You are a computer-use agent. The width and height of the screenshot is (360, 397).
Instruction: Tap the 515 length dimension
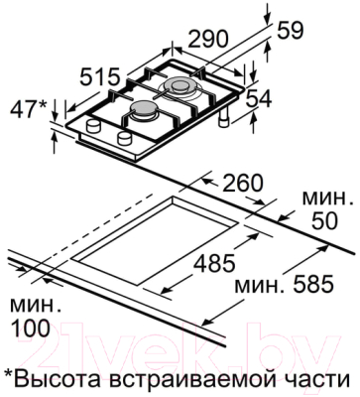[100, 77]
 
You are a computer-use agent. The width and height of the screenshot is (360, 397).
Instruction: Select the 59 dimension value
[289, 31]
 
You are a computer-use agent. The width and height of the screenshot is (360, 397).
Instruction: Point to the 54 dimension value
[258, 99]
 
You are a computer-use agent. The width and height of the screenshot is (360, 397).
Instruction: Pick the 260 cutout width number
[242, 183]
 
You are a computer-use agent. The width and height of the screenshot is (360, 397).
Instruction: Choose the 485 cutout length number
[214, 263]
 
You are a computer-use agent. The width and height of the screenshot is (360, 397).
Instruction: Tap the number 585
[312, 284]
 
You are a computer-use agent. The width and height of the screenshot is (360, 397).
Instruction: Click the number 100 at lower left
[31, 329]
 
